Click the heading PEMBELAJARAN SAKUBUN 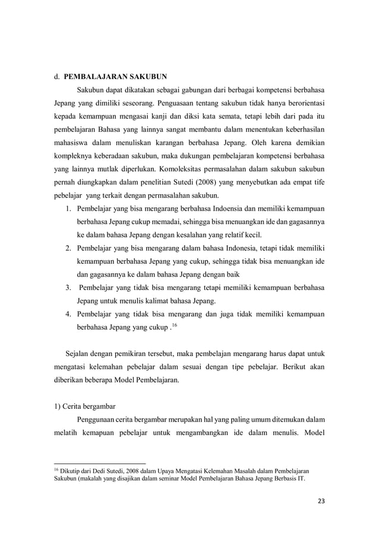(115, 76)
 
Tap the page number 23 (321, 501)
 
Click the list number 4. (68, 314)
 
